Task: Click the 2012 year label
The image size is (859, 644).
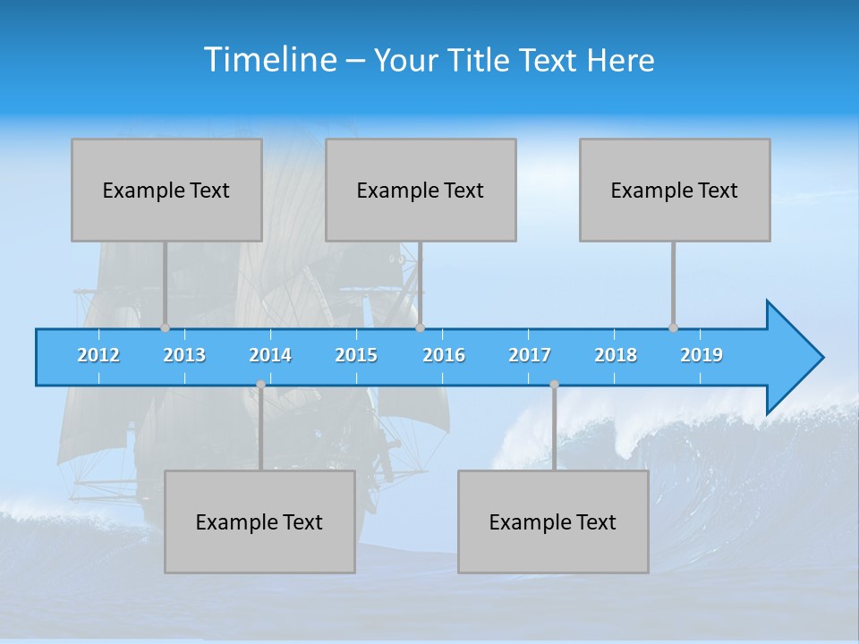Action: pos(98,355)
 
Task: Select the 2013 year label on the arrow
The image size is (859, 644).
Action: pos(184,355)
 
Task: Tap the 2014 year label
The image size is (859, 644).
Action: pos(270,355)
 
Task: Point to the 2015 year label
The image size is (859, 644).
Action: pos(356,355)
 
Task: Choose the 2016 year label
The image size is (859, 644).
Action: pos(444,355)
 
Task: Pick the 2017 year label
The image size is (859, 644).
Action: pos(530,355)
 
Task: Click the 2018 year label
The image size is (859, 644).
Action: pos(616,355)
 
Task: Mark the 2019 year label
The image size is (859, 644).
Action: pos(702,355)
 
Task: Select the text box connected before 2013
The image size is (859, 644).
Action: pos(166,190)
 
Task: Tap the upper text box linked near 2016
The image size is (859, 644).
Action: pos(421,190)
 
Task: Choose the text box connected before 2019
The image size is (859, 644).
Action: pos(675,190)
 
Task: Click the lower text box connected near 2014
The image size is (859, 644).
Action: pos(259,521)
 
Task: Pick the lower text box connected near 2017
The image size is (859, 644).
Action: pos(553,521)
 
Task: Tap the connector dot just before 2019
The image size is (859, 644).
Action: pos(673,327)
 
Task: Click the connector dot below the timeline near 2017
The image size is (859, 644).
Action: pos(554,385)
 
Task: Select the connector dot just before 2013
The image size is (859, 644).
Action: pos(165,327)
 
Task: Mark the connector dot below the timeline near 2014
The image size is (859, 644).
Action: pos(260,385)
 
